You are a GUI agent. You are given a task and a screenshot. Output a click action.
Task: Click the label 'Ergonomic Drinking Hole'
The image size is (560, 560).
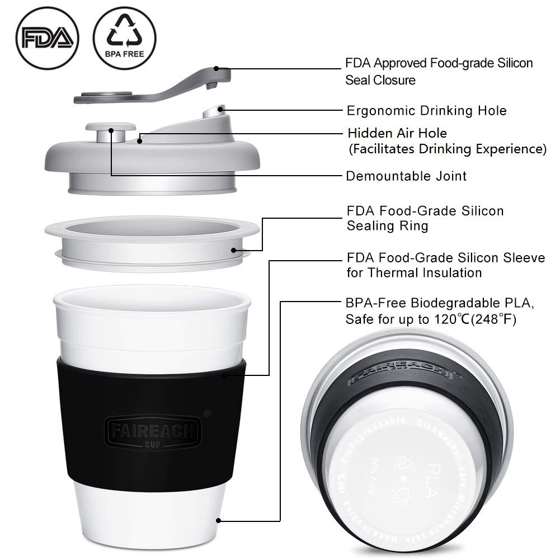click(x=426, y=110)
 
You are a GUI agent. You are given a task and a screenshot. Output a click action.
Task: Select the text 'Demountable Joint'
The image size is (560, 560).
click(x=406, y=176)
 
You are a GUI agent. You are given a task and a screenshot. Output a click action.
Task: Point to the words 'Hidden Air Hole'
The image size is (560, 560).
click(x=397, y=134)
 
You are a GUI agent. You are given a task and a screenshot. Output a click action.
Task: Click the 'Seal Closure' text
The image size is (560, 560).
click(x=380, y=80)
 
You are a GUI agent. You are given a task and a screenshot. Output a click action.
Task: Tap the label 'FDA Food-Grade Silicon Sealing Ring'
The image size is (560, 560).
click(x=425, y=218)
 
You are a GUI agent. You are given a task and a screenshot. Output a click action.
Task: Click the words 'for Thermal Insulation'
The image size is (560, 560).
click(x=413, y=273)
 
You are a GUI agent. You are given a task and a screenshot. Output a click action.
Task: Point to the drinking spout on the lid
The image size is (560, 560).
click(x=216, y=115)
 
